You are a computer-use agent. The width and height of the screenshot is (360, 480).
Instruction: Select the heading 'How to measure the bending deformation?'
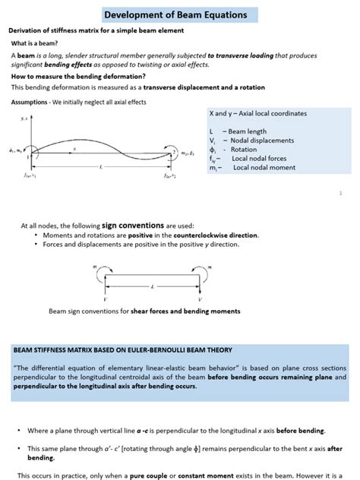point(77,76)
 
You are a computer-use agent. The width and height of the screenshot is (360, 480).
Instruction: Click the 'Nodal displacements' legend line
point(251,141)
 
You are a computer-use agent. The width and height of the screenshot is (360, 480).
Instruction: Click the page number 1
point(340,194)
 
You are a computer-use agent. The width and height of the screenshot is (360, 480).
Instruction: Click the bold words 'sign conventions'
point(125,226)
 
